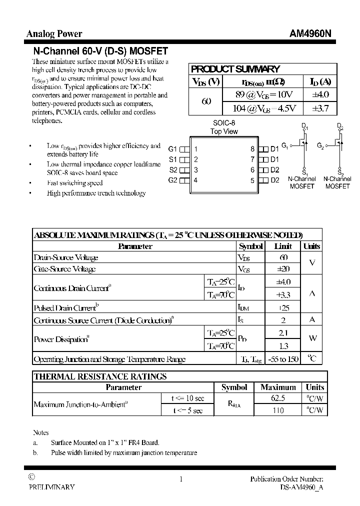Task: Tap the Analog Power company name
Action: point(54,34)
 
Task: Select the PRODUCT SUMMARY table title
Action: point(235,69)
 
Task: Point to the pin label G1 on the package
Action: point(173,149)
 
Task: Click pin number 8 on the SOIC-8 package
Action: point(252,149)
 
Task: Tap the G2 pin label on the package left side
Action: point(173,180)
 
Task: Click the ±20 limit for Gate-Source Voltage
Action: point(283,269)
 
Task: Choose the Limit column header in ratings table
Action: point(283,246)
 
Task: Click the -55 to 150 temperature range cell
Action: point(283,359)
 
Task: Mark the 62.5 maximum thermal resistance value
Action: point(278,398)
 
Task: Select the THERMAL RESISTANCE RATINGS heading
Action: point(100,376)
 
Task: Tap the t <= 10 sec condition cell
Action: point(187,398)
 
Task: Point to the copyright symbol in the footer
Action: point(31,477)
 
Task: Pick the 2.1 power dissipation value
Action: point(283,332)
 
